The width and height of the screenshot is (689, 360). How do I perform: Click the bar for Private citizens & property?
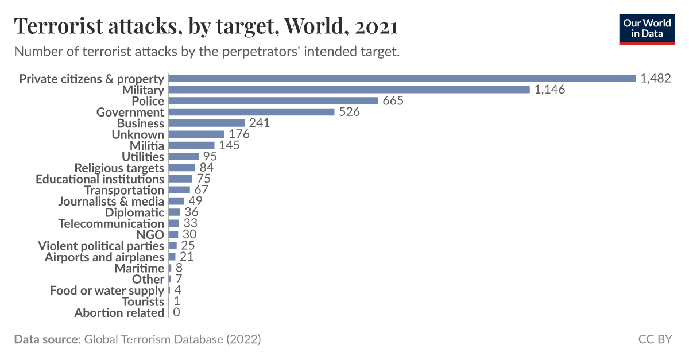(402, 79)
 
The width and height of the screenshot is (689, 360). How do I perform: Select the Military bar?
(349, 90)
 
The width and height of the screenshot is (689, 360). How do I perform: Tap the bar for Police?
(273, 101)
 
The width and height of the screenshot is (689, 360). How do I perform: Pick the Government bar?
(251, 112)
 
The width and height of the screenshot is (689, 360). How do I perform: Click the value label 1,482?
(656, 79)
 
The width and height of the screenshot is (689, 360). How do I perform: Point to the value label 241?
(260, 123)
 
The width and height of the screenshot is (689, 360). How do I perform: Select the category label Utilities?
(143, 157)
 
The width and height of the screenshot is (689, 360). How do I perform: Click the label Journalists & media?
(111, 202)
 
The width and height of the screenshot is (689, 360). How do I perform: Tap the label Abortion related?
(119, 313)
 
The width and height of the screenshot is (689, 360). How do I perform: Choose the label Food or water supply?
(107, 291)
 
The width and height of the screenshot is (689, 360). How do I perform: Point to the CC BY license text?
(655, 339)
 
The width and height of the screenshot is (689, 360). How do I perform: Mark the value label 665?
(393, 101)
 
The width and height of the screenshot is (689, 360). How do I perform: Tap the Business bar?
(207, 123)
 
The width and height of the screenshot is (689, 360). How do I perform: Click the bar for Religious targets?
(181, 168)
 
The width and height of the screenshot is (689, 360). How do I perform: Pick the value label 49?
(195, 202)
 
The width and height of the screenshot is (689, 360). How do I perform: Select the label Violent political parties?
(101, 246)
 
